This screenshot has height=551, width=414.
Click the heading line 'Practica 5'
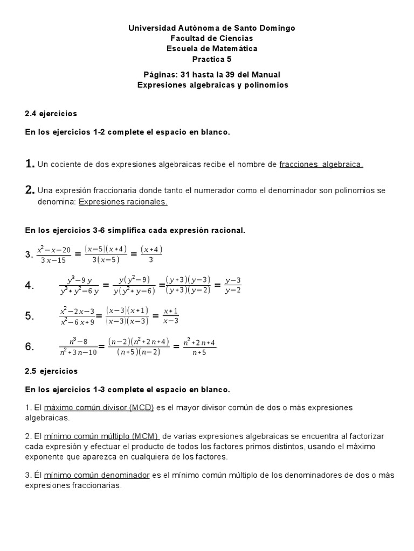point(211,59)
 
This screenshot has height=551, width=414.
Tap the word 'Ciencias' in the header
point(231,38)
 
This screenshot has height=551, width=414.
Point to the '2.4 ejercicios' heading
point(51,114)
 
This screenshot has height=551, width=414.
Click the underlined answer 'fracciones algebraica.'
point(321,164)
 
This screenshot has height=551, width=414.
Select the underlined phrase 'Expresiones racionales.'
point(123,202)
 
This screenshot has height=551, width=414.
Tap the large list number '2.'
point(30,189)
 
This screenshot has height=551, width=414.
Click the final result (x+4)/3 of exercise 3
point(151,254)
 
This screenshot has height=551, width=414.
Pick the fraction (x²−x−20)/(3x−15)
point(54,254)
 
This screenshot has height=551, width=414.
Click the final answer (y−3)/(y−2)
point(233,285)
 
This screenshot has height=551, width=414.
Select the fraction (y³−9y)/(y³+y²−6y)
point(80,285)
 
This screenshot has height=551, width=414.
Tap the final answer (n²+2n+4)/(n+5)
point(199,347)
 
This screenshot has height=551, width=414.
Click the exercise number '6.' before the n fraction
point(30,347)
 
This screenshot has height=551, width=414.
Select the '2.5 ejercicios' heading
point(51,371)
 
